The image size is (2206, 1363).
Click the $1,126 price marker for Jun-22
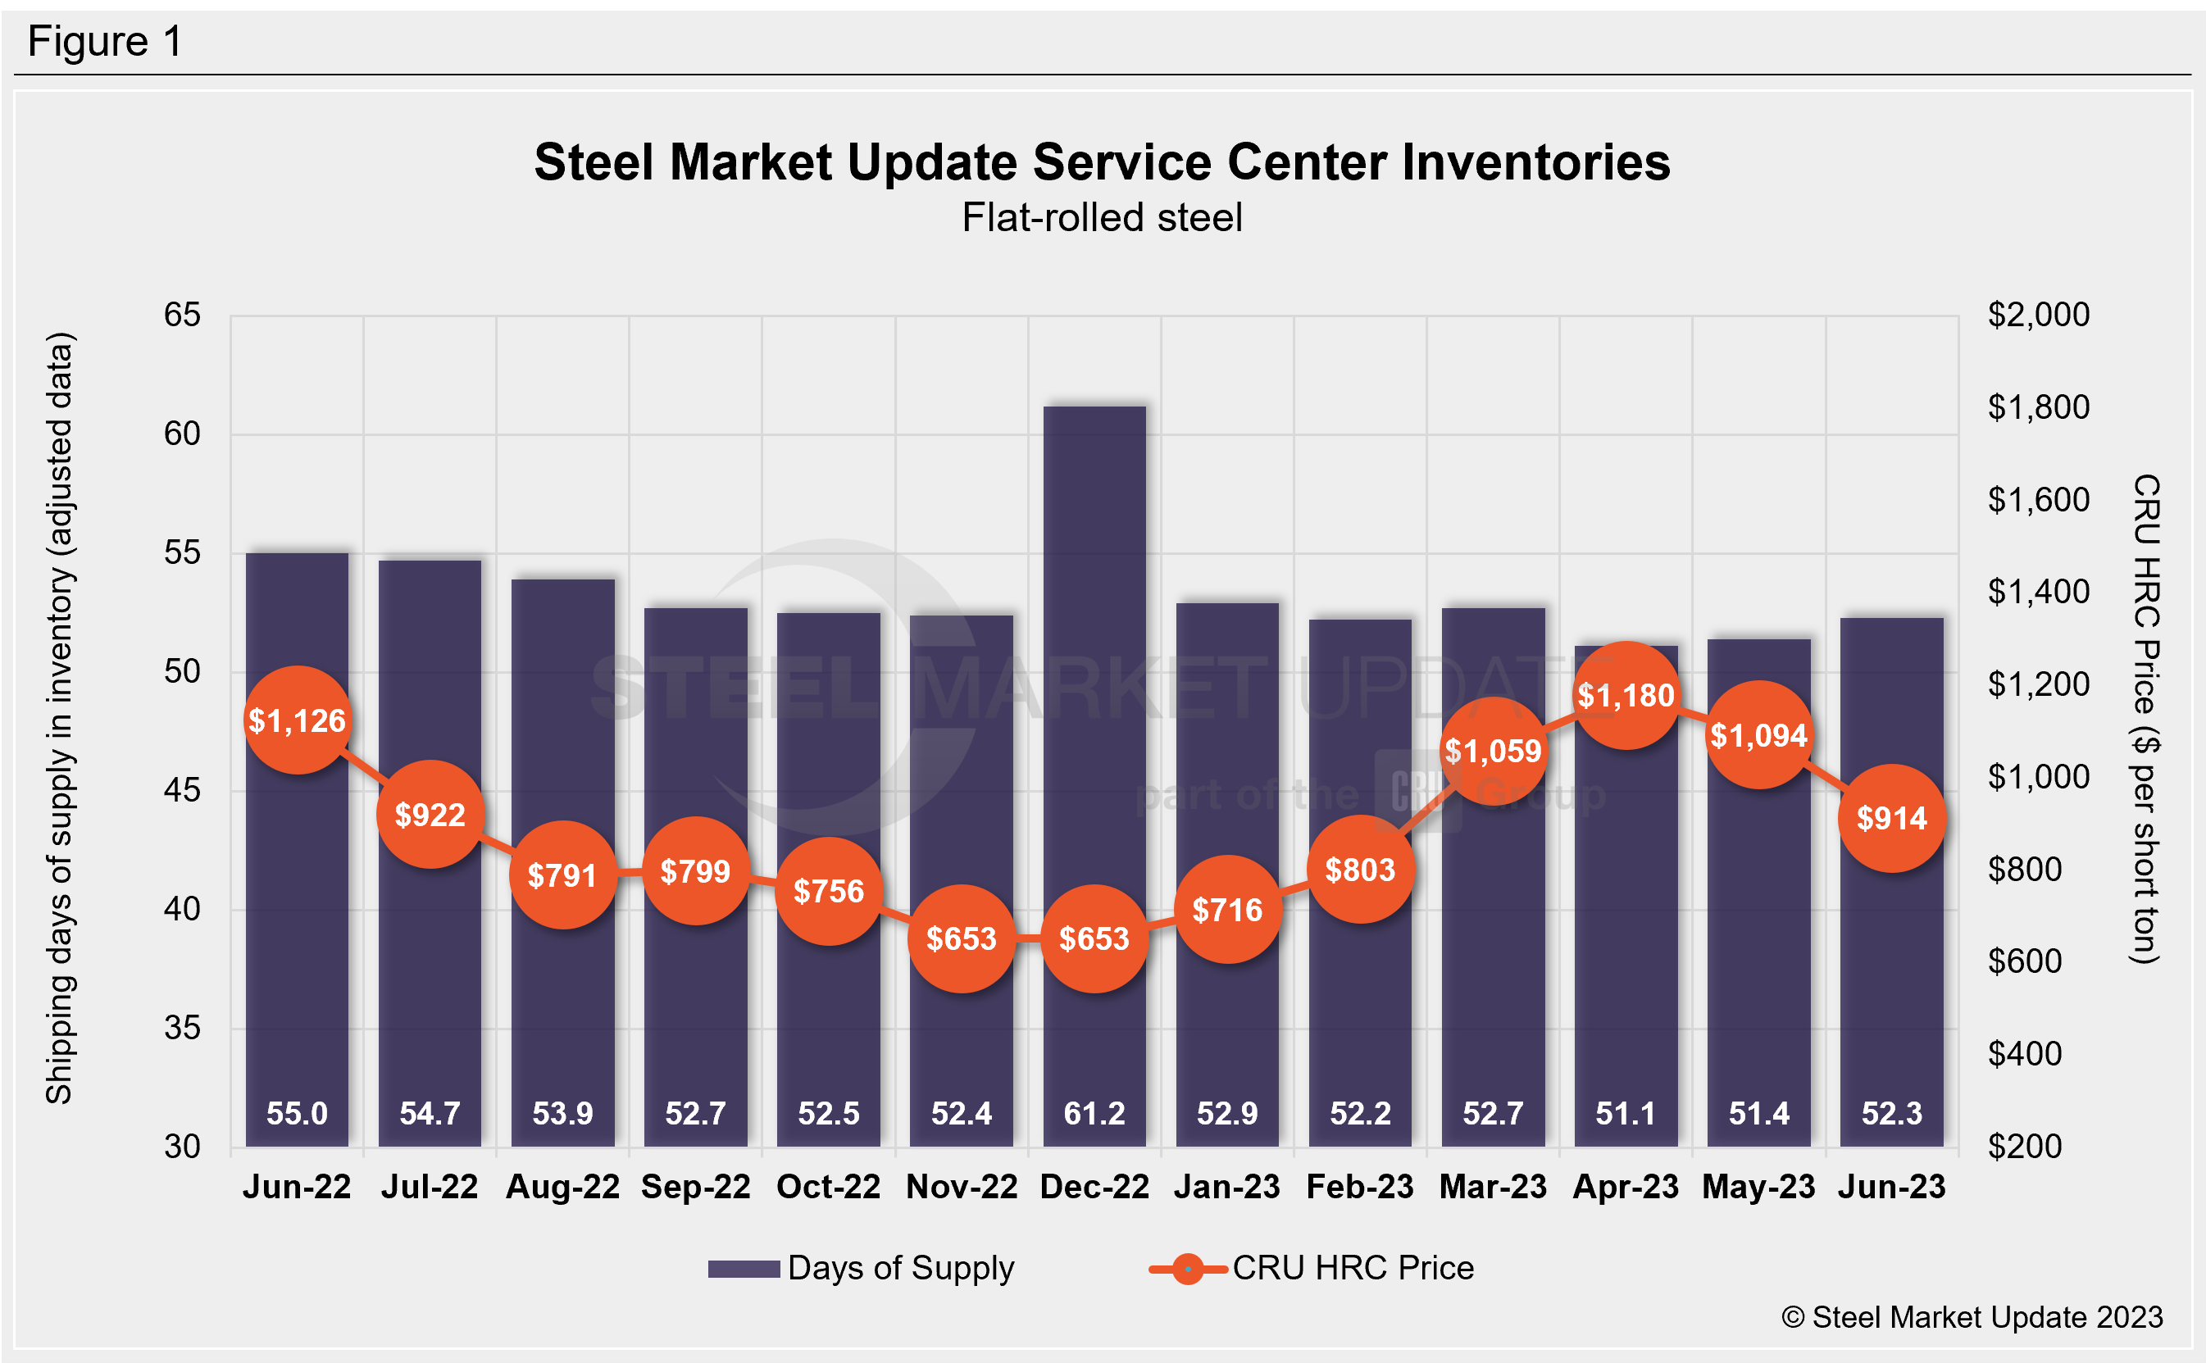(297, 720)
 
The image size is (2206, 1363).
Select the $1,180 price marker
(1626, 695)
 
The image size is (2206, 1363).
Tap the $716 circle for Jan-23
(1227, 910)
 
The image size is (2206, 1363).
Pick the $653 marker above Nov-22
(961, 938)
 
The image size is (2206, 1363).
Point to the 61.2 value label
(1094, 1113)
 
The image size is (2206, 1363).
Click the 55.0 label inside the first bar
(297, 1113)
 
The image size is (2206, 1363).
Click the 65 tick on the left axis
(182, 315)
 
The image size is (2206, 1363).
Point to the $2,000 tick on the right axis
(2038, 315)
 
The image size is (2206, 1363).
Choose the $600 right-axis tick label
(2025, 961)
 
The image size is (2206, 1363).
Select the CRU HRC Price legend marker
(1187, 1270)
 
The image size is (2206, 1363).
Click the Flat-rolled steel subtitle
(1102, 217)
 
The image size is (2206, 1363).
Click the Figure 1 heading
(106, 42)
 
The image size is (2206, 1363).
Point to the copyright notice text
(1972, 1317)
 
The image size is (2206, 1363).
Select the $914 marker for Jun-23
(1891, 818)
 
